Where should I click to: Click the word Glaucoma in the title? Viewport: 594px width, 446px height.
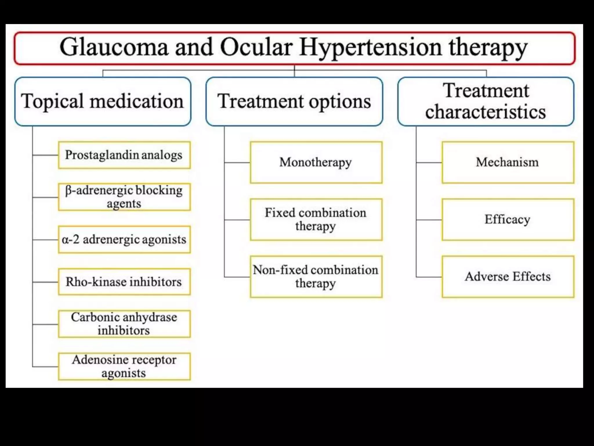tap(114, 47)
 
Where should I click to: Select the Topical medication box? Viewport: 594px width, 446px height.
tap(103, 101)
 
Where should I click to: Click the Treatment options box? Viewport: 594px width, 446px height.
tap(294, 101)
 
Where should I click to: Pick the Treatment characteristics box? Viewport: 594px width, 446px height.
tap(486, 101)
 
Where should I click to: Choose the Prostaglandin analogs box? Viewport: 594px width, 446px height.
tap(124, 155)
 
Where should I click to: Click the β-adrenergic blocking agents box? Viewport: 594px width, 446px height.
tap(124, 197)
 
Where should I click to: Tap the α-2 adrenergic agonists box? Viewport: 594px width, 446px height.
tap(124, 240)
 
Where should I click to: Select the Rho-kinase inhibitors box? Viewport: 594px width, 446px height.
tap(124, 282)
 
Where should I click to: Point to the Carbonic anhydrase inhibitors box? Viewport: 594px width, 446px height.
tap(124, 324)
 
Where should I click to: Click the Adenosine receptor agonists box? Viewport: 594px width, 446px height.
tap(124, 366)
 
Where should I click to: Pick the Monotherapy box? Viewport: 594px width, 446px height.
tap(316, 162)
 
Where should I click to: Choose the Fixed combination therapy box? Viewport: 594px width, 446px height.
tap(316, 220)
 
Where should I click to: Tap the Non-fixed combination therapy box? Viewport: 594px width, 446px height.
tap(316, 276)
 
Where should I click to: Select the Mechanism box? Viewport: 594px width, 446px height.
tap(508, 162)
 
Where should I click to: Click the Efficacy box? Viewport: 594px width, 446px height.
tap(508, 220)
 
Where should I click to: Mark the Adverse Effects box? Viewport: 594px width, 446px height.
tap(508, 276)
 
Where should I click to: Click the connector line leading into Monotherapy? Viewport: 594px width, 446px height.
tap(237, 163)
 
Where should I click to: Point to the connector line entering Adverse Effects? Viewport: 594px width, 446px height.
tap(429, 277)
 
